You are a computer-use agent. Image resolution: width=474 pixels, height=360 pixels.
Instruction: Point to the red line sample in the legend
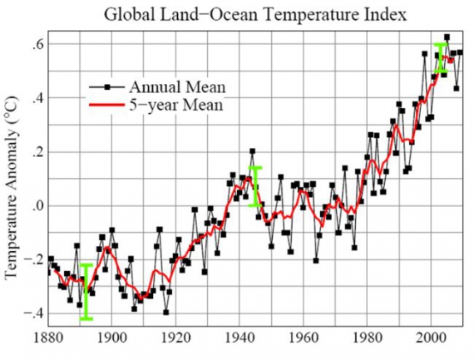(x=110, y=106)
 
